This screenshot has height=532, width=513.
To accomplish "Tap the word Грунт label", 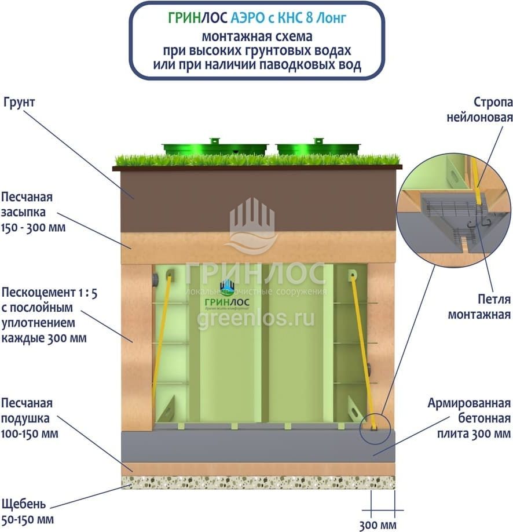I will pos(19,102).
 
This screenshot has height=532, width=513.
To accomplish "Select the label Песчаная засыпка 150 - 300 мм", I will pos(33,212).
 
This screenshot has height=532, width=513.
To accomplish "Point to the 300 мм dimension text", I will pos(378,525).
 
